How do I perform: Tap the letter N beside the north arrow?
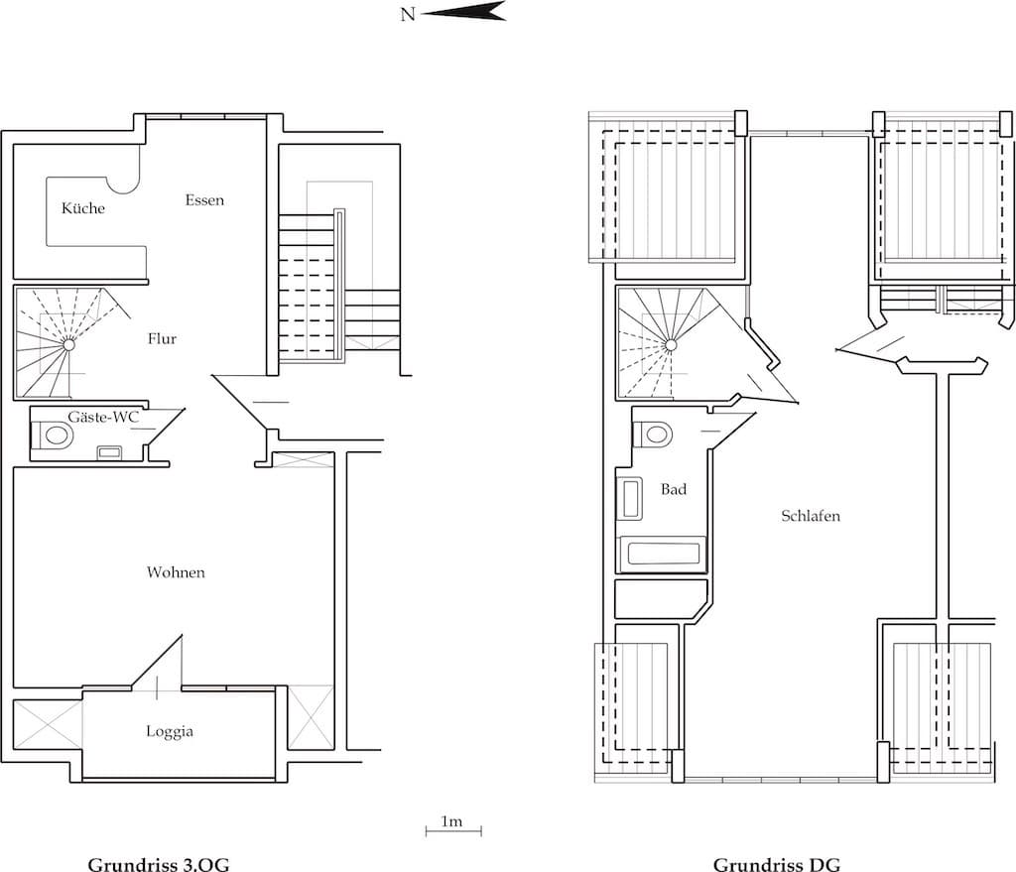(x=408, y=14)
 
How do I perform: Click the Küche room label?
(x=83, y=208)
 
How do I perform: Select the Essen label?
(x=204, y=200)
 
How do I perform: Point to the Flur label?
(x=162, y=339)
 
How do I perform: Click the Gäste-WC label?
(x=103, y=418)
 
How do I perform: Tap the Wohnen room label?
(x=176, y=572)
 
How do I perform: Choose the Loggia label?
(x=169, y=731)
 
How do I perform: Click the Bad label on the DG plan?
(x=674, y=489)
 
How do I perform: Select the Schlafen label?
(x=811, y=516)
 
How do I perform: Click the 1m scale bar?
(x=453, y=830)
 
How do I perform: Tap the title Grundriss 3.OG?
(x=159, y=864)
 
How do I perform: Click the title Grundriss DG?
(x=777, y=864)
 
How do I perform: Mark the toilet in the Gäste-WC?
(x=54, y=435)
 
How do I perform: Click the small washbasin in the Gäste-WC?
(x=109, y=452)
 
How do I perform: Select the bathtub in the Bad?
(x=662, y=555)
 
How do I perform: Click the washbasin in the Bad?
(x=630, y=499)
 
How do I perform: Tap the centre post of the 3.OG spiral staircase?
(x=68, y=345)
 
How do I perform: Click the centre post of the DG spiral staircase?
(x=672, y=346)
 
